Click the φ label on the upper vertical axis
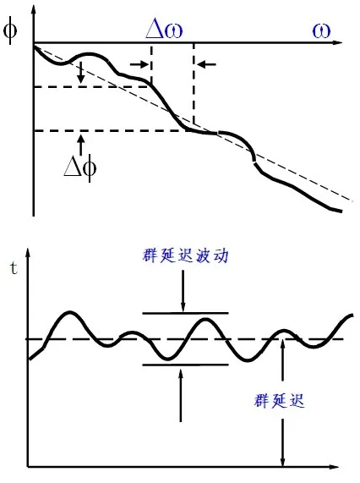click(x=10, y=31)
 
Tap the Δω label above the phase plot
click(x=164, y=30)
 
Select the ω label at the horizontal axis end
click(x=321, y=30)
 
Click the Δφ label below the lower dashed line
click(x=80, y=167)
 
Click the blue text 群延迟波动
click(x=185, y=256)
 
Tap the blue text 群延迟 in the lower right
click(x=280, y=401)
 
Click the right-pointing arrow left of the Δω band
click(x=139, y=64)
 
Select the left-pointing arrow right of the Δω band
click(x=206, y=64)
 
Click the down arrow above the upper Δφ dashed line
click(x=80, y=73)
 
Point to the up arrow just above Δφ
click(x=80, y=145)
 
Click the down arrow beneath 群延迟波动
click(x=183, y=291)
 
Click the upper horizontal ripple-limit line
click(x=185, y=313)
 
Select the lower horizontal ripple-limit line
click(x=185, y=365)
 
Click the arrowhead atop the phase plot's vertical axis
click(x=34, y=8)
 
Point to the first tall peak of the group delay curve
click(x=70, y=312)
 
